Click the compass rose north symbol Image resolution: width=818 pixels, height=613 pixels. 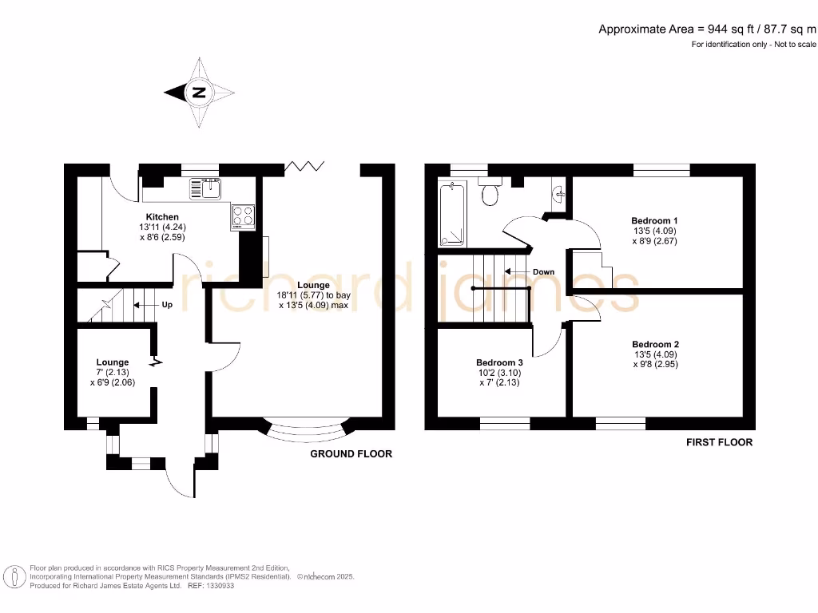199,93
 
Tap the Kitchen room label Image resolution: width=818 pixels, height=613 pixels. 162,217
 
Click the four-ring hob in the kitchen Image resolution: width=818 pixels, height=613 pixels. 243,216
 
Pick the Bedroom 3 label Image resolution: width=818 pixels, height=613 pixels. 499,361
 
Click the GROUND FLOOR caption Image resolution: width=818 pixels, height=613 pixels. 351,454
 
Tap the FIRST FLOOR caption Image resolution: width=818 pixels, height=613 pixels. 719,442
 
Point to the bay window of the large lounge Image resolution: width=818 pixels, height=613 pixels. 308,431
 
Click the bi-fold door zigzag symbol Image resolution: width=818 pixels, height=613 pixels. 305,166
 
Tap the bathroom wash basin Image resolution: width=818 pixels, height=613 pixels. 559,191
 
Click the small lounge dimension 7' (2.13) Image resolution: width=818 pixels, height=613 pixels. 112,372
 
